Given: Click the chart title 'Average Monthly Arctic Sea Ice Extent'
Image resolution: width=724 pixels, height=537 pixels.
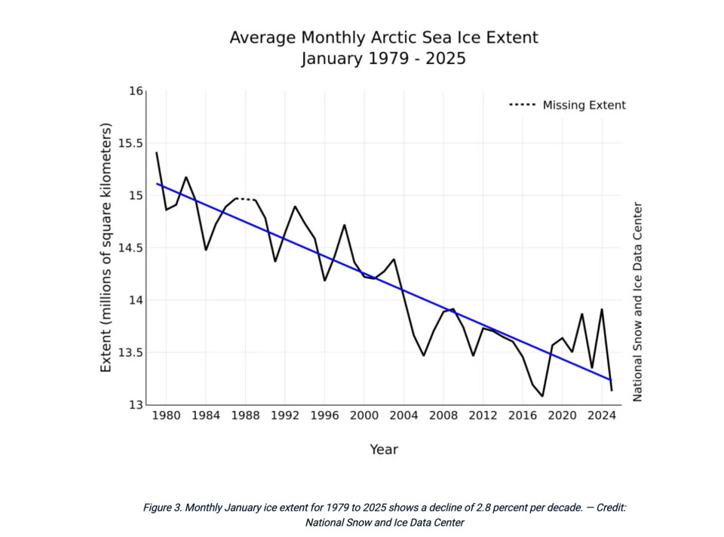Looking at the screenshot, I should click(384, 38).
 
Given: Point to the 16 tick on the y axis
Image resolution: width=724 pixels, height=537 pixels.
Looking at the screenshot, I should click(136, 91).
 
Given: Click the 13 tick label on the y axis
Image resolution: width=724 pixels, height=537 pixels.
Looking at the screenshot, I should click(136, 405).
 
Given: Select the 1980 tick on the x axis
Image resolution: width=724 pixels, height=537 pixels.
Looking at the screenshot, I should click(166, 416).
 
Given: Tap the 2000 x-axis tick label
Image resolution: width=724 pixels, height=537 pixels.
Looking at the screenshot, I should click(364, 416).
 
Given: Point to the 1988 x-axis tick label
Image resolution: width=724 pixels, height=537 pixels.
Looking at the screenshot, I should click(244, 416).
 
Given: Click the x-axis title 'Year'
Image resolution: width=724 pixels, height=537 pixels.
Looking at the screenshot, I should click(384, 450).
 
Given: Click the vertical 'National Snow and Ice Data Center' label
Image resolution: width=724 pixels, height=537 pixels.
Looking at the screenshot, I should click(637, 302).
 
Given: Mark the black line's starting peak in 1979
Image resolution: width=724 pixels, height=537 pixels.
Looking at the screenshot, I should click(156, 153).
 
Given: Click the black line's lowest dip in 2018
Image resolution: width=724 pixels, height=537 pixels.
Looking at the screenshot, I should click(542, 396).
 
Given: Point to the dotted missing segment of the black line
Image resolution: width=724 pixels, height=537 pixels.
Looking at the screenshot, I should click(246, 199).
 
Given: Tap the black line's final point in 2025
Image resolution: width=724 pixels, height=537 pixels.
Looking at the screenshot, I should click(612, 390).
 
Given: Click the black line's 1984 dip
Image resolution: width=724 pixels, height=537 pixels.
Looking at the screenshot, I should click(206, 250).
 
